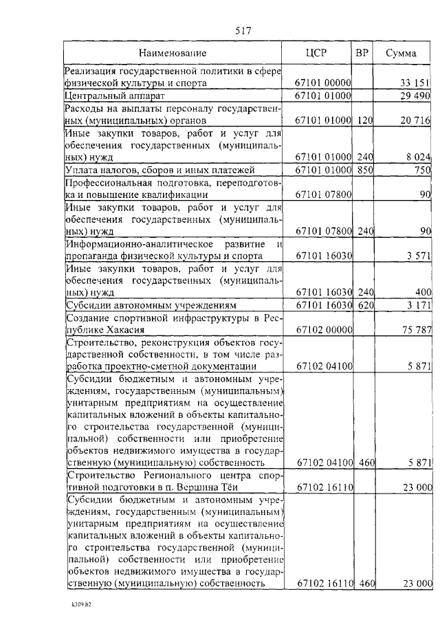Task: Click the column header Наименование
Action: (x=173, y=53)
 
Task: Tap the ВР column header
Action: (x=362, y=53)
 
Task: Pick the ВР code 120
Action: (x=364, y=120)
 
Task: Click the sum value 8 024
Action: (x=417, y=157)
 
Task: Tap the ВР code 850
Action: (x=364, y=170)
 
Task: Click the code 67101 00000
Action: (x=323, y=83)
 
